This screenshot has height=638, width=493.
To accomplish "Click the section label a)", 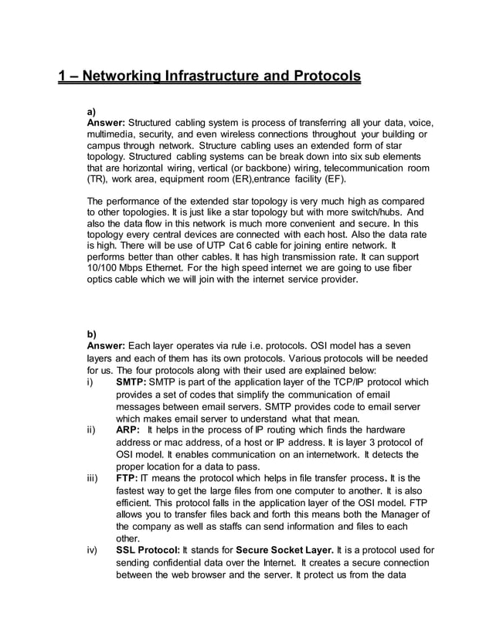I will click(91, 111).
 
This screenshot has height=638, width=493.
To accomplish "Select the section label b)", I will click(91, 334).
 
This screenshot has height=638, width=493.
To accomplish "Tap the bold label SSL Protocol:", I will click(148, 551).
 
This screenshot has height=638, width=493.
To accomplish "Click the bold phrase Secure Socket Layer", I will click(287, 551).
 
